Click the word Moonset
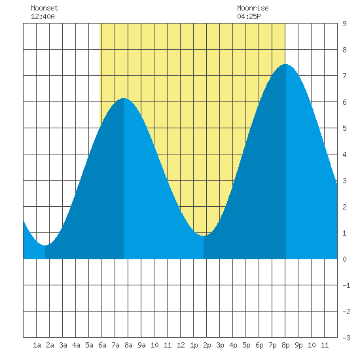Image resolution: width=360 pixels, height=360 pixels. point(45,8)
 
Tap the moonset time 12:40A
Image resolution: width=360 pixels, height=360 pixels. point(43,16)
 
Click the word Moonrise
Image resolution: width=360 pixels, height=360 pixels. point(253,8)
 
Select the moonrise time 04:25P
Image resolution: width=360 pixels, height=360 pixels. point(249,16)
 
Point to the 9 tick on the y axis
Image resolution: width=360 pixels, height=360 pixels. point(344,24)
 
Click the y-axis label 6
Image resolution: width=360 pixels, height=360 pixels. point(344,102)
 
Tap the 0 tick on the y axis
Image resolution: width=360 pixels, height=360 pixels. point(344,259)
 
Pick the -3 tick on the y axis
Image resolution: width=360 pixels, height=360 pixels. point(346,338)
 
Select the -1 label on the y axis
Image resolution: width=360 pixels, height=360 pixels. point(346,285)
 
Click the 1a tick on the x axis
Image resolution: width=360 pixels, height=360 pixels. point(37,345)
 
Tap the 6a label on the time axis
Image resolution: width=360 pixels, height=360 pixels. point(102,345)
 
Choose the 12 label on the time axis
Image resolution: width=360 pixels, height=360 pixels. point(181,345)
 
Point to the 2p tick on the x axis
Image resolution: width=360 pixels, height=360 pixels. point(207,345)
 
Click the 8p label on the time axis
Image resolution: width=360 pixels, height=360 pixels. point(285,345)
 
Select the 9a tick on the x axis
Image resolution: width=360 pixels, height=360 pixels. point(141,345)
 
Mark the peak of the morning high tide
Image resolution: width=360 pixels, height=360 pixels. point(124,98)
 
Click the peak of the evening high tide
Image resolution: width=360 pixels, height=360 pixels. point(286,64)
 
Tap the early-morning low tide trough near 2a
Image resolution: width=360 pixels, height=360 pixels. point(45,245)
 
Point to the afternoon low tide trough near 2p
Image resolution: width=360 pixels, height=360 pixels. point(204,236)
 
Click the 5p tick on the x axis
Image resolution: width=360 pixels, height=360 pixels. point(246,345)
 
